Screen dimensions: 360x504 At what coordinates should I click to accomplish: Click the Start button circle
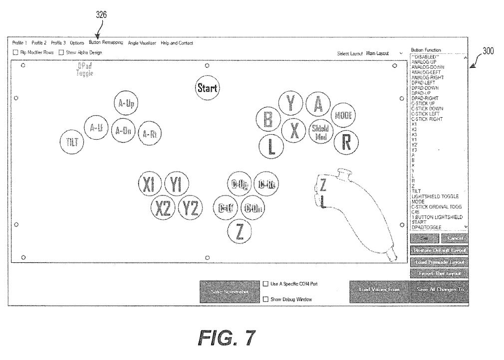[207, 88]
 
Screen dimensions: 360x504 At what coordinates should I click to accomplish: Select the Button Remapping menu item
[106, 43]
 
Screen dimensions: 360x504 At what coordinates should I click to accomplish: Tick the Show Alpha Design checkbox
[61, 52]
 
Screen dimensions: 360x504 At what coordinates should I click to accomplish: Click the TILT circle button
[72, 142]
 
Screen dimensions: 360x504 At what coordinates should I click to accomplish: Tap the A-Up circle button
[126, 104]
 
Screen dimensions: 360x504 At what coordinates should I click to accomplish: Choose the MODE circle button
[343, 115]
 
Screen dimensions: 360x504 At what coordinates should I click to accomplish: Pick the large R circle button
[346, 143]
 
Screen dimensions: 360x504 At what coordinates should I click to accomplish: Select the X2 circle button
[163, 208]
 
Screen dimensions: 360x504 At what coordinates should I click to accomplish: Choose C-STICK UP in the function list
[423, 103]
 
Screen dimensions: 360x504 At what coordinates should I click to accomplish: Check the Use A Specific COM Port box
[265, 284]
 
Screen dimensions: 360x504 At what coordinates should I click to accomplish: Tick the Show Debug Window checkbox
[265, 299]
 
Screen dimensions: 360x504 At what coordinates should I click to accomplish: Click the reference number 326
[101, 14]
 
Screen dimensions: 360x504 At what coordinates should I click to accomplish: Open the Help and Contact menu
[177, 43]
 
